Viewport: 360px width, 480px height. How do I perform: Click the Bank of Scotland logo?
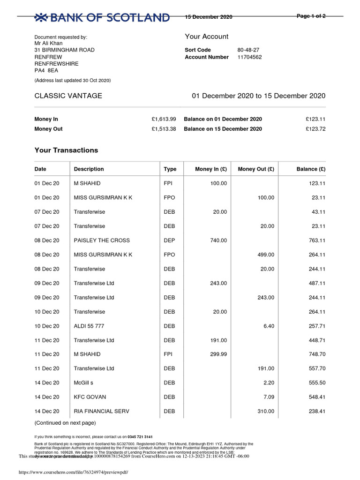click(102, 18)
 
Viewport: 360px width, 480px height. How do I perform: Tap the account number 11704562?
click(249, 57)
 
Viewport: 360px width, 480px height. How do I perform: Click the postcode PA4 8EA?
click(46, 71)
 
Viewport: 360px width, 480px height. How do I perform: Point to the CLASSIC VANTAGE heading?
click(68, 96)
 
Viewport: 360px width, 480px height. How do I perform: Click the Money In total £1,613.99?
click(164, 119)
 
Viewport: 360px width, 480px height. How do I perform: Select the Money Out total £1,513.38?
click(164, 129)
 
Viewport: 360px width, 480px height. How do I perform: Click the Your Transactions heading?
click(66, 150)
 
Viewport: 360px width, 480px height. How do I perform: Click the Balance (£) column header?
click(311, 169)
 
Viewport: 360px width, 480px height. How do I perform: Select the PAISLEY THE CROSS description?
click(102, 240)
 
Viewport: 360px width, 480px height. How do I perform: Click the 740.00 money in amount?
click(218, 240)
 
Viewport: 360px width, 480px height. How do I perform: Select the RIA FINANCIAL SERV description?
click(101, 412)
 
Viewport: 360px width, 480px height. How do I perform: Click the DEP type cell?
click(169, 240)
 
